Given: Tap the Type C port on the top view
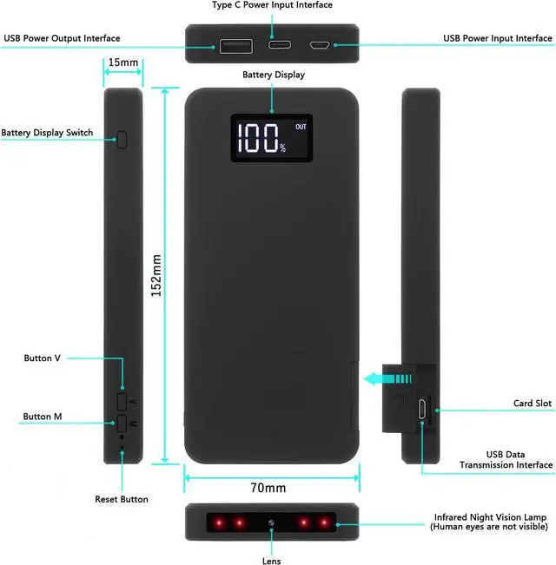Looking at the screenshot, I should [281, 44].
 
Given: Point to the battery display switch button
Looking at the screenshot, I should [122, 138].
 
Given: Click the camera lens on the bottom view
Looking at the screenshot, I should [272, 522].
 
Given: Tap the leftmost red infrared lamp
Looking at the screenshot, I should [215, 522].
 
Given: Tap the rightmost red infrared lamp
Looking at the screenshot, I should [327, 522].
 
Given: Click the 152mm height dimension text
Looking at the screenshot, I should [156, 275].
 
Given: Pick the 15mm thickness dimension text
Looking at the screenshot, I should [122, 63].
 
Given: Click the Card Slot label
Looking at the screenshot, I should [532, 404].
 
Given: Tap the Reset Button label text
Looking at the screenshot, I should [122, 499].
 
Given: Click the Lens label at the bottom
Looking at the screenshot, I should [272, 560].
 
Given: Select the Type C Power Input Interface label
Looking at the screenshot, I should [272, 5].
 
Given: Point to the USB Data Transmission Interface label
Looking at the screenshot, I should [506, 459].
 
